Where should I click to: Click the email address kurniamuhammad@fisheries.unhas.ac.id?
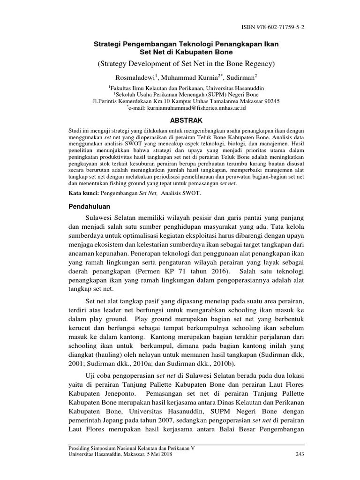click(x=188, y=107)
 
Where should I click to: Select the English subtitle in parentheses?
click(x=179, y=63)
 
